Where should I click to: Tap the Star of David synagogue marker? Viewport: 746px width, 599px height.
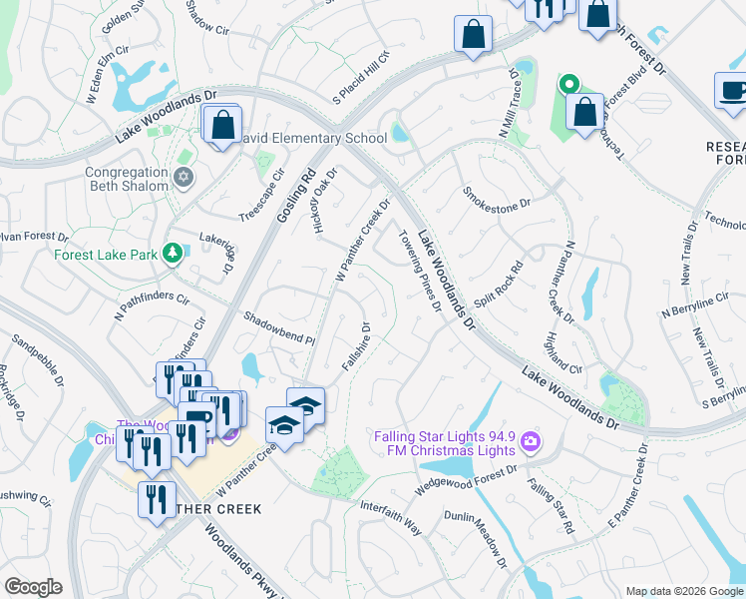(182, 178)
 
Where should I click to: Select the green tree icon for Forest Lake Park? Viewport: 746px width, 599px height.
(173, 254)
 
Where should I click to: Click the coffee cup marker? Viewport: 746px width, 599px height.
(732, 92)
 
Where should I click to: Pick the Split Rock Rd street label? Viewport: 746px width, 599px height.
(498, 286)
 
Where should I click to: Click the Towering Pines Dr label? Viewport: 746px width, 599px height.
(420, 270)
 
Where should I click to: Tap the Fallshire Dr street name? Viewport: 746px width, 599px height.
(357, 346)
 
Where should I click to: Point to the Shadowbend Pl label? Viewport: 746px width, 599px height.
(279, 328)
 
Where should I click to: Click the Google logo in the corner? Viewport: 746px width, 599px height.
(33, 586)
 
